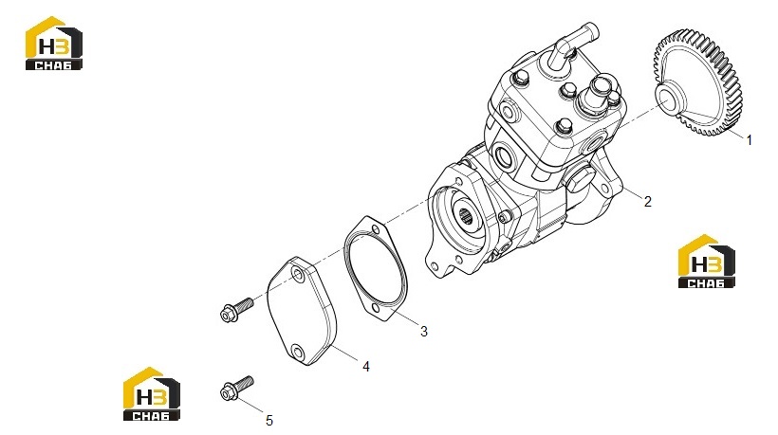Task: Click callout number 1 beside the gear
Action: point(750,140)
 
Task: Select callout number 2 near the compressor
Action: point(647,201)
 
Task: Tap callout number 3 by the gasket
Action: point(424,332)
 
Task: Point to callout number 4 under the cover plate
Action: point(366,367)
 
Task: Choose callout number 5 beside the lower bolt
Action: point(269,421)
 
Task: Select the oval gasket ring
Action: point(376,269)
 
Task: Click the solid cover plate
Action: point(302,311)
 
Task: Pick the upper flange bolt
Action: point(236,309)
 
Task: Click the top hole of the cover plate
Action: point(298,274)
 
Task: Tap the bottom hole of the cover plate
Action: point(298,353)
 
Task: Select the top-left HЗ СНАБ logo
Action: point(53,43)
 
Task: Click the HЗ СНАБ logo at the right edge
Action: point(706,262)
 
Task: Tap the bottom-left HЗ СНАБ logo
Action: point(152,394)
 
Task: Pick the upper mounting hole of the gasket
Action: point(376,229)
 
